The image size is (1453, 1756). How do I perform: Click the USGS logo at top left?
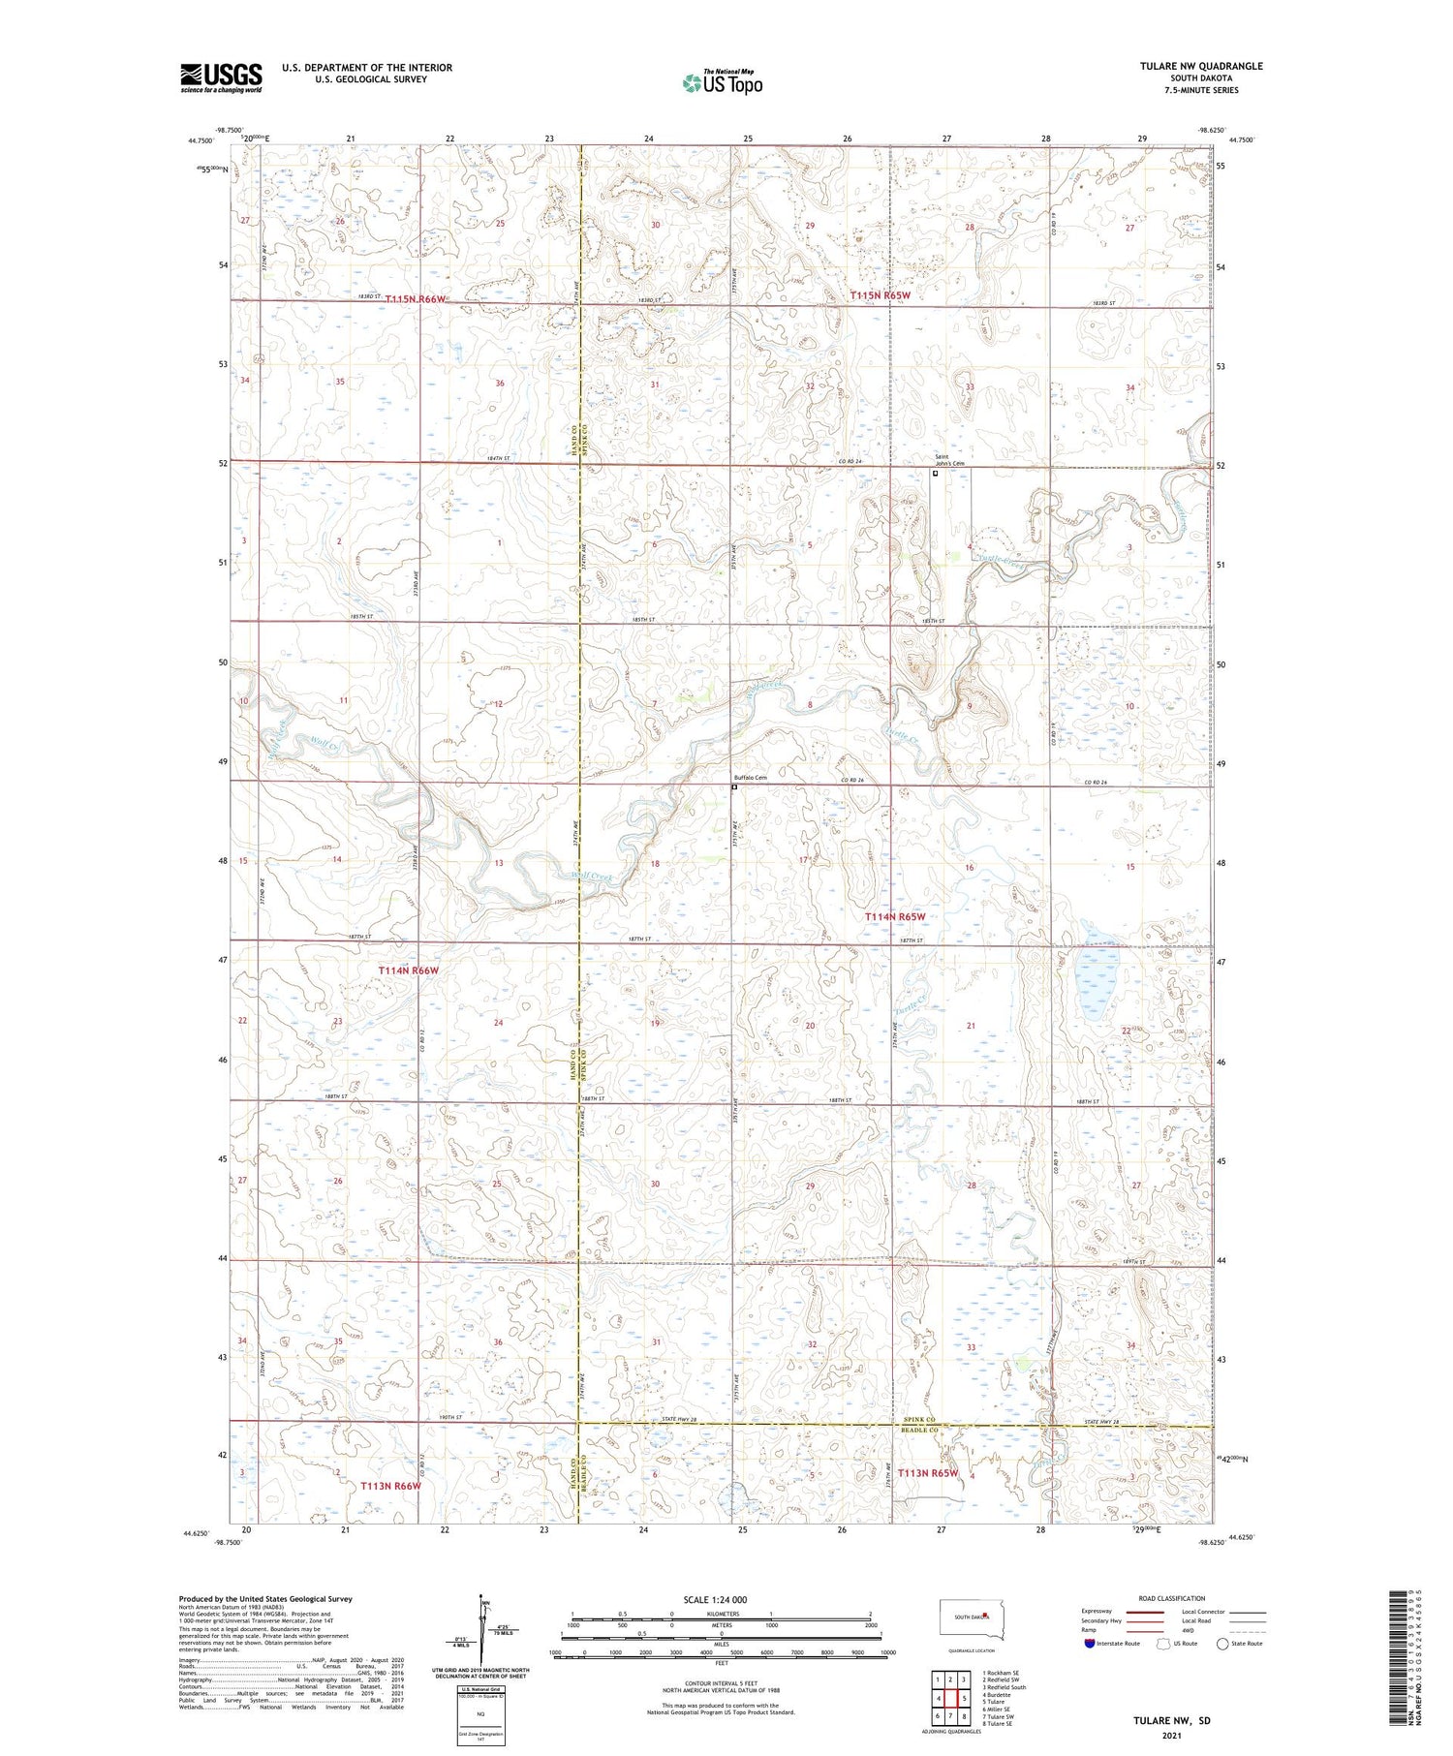point(221,77)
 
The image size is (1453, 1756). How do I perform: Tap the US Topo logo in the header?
point(722,83)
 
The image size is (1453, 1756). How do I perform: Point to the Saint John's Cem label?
point(949,460)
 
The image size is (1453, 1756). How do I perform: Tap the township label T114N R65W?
point(895,916)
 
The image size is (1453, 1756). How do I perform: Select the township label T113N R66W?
point(390,1486)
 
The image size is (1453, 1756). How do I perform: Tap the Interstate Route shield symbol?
point(1089,1644)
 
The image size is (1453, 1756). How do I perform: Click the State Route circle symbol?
point(1223,1644)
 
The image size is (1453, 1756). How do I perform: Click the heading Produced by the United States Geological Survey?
point(264,1599)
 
